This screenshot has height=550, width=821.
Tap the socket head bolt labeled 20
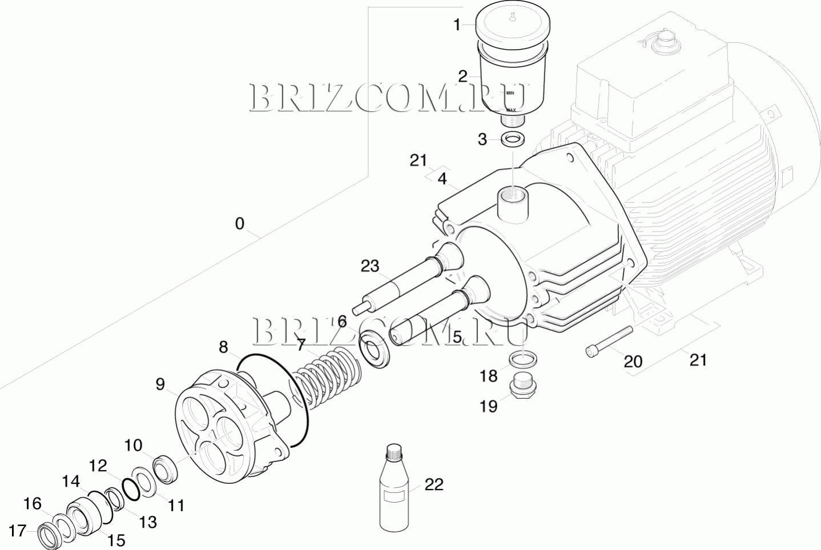(x=609, y=341)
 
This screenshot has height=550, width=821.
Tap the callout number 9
(x=160, y=385)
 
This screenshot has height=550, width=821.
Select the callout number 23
(x=370, y=266)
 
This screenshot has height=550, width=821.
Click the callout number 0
(x=239, y=224)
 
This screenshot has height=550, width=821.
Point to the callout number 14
(x=71, y=481)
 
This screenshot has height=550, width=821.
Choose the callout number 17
(x=17, y=530)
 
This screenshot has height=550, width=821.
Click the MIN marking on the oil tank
(x=510, y=93)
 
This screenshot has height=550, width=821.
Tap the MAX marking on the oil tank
(x=511, y=110)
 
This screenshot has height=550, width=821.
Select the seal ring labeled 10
(x=166, y=470)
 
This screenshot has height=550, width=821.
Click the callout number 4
(x=442, y=179)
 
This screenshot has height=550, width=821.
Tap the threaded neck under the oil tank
(x=512, y=120)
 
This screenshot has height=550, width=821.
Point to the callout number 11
(x=176, y=506)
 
